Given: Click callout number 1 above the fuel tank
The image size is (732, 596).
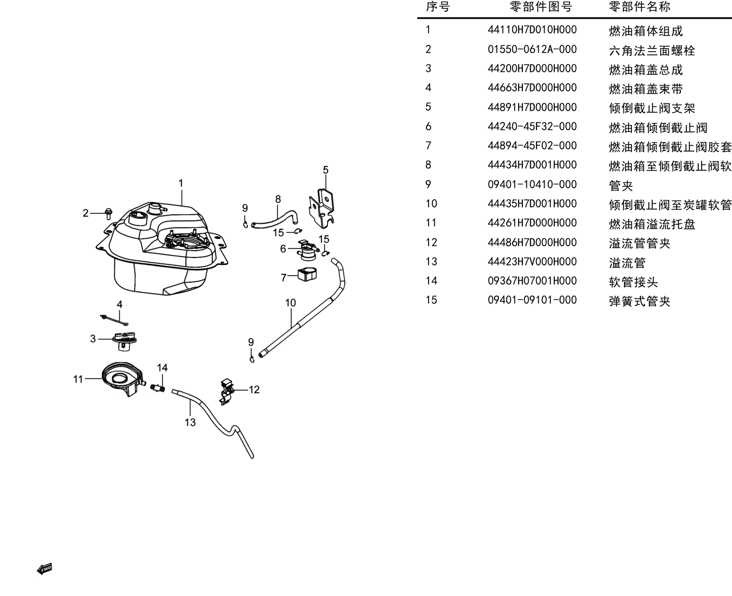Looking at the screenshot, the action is tap(181, 183).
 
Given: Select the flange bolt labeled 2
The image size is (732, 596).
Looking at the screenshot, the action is tap(109, 213).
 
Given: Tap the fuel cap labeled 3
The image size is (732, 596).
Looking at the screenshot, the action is tap(125, 342).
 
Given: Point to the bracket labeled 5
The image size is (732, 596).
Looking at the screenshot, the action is tap(322, 209).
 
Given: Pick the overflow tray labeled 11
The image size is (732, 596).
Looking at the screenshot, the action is tap(122, 378).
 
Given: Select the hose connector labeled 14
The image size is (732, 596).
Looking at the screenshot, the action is tap(158, 388).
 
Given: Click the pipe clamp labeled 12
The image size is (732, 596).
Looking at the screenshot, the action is tap(226, 392).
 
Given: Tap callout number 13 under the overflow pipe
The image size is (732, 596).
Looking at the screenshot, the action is tap(190, 422).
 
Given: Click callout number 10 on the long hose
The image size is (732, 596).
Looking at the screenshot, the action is tap(290, 303).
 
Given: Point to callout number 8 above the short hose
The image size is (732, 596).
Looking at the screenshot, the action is tap(278, 199).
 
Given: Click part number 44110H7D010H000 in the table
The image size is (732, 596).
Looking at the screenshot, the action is tap(532, 30).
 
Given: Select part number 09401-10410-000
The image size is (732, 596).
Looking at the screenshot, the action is tap(532, 185).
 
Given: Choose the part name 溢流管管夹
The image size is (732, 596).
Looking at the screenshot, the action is tap(639, 244).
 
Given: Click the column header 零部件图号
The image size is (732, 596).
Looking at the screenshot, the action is tap(541, 6).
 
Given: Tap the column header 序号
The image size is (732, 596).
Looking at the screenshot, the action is tap(438, 6).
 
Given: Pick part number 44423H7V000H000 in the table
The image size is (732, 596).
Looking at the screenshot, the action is tap(532, 262).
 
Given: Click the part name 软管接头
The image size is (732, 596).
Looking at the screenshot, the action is tap(634, 283).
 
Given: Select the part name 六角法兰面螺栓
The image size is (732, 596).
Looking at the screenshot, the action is tap(652, 51).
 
